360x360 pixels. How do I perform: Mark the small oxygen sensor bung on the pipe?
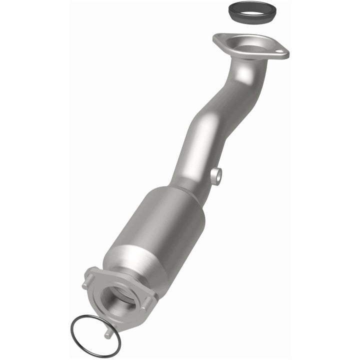click(x=216, y=176)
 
